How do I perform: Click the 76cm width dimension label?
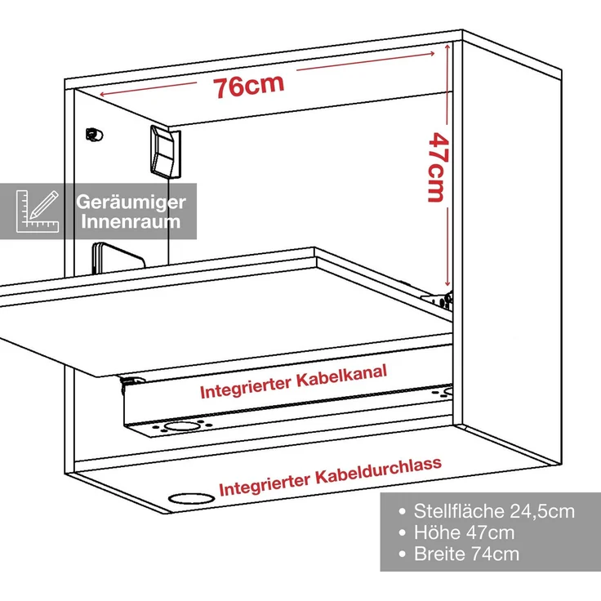(249, 85)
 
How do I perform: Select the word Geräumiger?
(131, 202)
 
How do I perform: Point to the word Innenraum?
(131, 222)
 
